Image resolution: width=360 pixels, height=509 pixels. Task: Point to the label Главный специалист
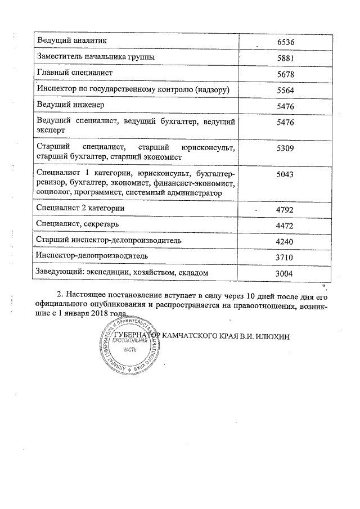coord(74,73)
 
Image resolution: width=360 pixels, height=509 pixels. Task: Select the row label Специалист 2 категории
coord(80,208)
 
